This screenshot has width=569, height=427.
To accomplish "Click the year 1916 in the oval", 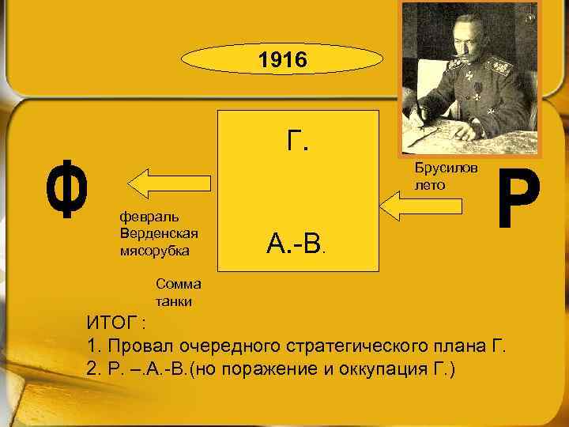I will coord(284,61).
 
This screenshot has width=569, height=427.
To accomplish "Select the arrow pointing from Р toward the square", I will coord(423,207).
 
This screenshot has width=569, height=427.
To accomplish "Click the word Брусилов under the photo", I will coord(445,171).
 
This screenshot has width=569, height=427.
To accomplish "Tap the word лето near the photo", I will coord(429,185).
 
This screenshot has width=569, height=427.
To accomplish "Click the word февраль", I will coord(149,217).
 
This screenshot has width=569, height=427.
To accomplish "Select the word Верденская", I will coord(158,233).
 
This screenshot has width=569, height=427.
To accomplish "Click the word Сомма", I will coord(178,285).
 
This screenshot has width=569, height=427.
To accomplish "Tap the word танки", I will coord(175,301).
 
